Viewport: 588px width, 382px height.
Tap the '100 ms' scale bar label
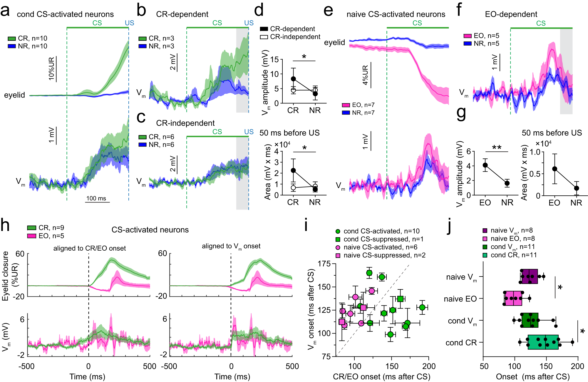click(x=96, y=198)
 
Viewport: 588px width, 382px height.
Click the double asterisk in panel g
click(x=497, y=148)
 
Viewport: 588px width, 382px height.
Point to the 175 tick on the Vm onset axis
click(x=324, y=264)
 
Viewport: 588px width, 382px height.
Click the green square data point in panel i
click(x=400, y=299)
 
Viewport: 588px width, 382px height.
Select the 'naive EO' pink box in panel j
click(x=512, y=299)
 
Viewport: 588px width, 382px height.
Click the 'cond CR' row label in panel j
click(x=461, y=343)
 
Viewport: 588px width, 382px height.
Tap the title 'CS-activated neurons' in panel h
click(x=150, y=230)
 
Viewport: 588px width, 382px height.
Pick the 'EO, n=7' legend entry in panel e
click(x=358, y=105)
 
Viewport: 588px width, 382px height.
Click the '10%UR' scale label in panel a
click(x=51, y=69)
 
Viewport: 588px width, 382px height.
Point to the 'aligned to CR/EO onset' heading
click(x=89, y=248)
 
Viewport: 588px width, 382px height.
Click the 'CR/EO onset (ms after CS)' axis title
click(x=381, y=377)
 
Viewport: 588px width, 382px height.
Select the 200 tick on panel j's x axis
click(x=577, y=366)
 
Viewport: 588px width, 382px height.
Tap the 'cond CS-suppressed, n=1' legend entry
click(x=379, y=239)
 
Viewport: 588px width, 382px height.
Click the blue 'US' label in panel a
click(x=129, y=23)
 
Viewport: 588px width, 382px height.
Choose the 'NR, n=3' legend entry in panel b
click(x=156, y=46)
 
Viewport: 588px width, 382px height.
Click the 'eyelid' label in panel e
click(x=334, y=42)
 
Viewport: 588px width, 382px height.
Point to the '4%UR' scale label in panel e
click(x=365, y=75)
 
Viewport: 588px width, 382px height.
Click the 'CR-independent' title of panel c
click(x=185, y=123)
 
